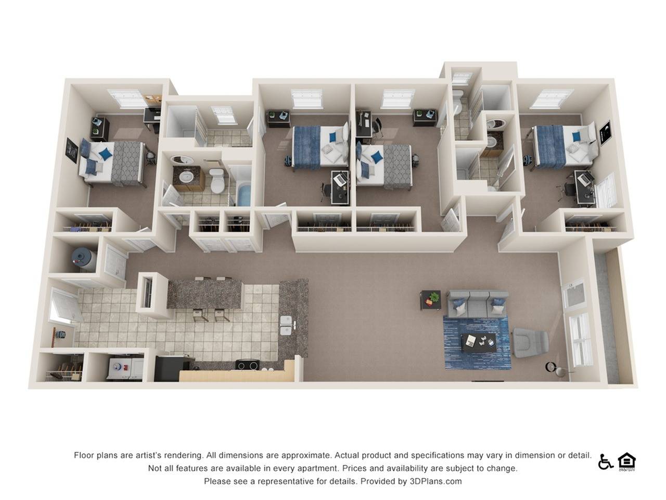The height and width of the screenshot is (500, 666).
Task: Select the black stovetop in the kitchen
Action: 247,365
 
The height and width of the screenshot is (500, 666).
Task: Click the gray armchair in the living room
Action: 530,342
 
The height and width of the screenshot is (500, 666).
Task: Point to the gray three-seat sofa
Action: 478,304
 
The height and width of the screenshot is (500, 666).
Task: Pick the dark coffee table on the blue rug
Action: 479,343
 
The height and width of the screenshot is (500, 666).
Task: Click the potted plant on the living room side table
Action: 434,296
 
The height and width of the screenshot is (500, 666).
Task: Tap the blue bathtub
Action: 244,195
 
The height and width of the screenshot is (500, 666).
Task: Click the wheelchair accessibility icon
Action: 605,463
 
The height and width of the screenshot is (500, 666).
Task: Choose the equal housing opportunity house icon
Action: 627,462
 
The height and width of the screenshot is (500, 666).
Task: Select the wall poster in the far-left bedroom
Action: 72,151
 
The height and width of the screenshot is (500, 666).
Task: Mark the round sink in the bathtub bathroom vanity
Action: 185,177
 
